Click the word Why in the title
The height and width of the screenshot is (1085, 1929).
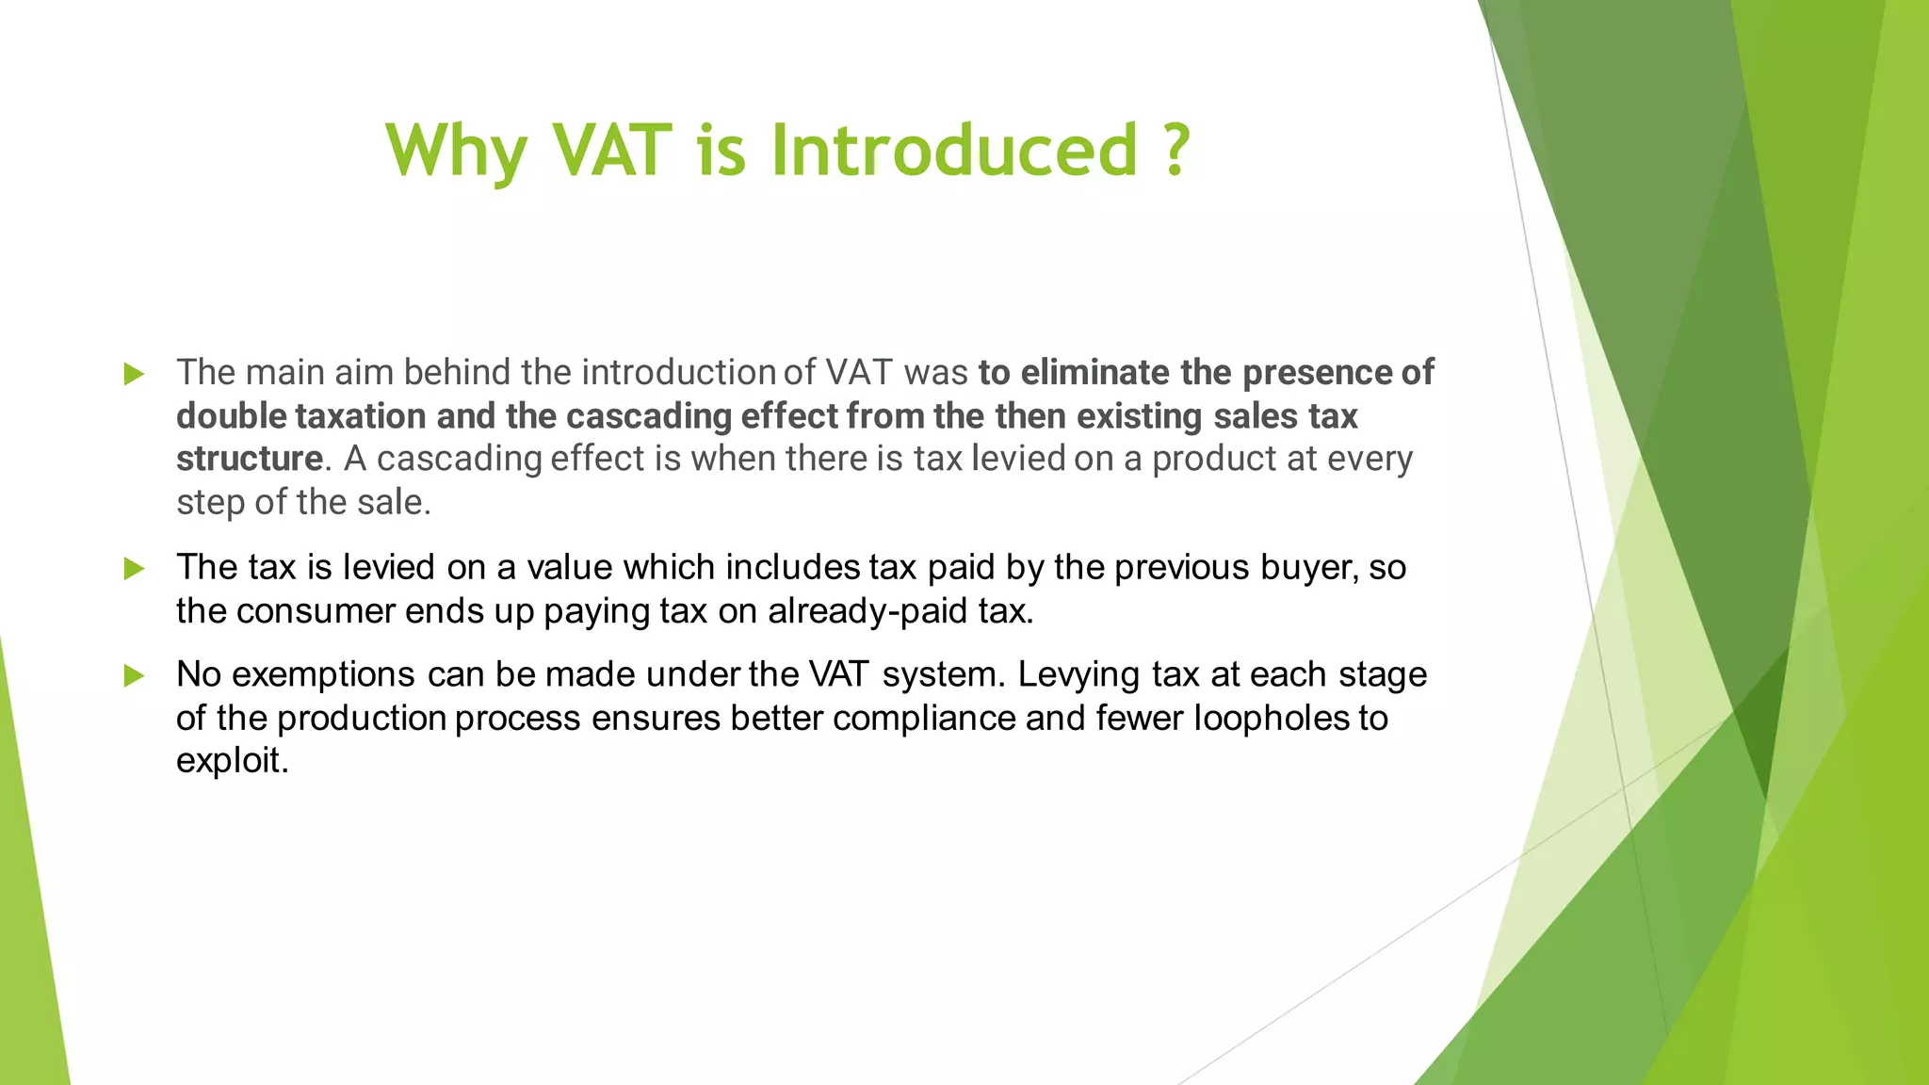[x=456, y=151]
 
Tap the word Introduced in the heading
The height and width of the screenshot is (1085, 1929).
[x=955, y=151]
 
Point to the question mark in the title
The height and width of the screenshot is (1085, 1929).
[x=1175, y=151]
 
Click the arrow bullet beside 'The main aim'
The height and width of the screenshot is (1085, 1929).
[x=134, y=374]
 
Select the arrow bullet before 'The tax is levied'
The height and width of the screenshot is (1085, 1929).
[x=134, y=568]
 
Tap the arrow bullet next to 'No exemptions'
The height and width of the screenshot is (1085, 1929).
[x=134, y=675]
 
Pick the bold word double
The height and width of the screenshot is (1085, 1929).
[x=231, y=416]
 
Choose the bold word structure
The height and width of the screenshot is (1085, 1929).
[x=250, y=460]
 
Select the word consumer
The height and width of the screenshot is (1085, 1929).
[x=315, y=611]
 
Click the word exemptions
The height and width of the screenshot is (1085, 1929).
[x=322, y=675]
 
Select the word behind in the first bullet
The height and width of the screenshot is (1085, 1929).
[x=456, y=373]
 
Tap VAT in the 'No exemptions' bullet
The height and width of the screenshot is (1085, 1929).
[x=836, y=675]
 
